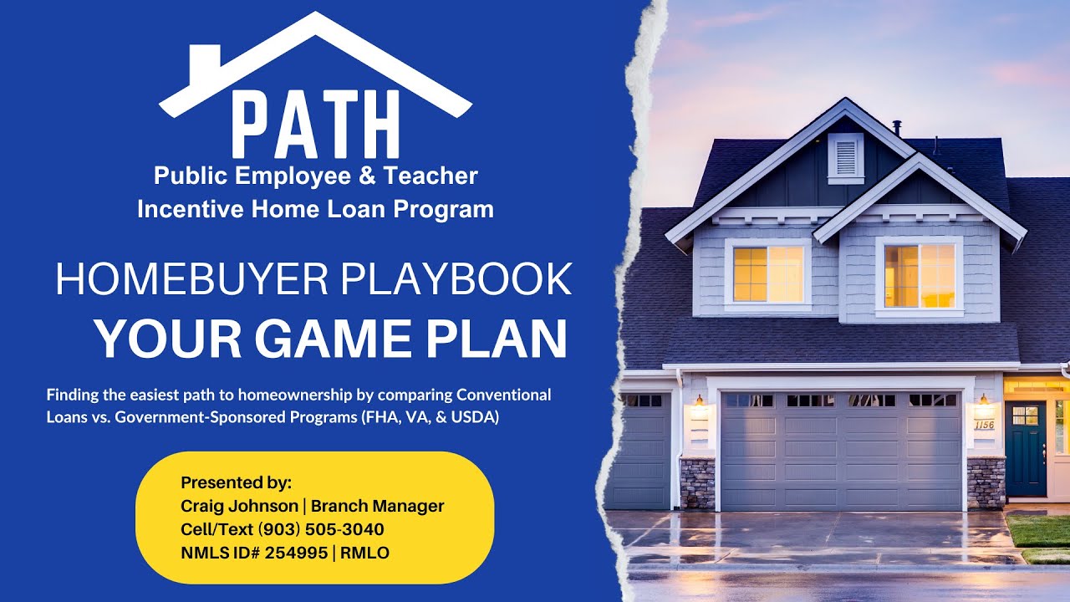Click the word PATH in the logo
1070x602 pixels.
click(315, 125)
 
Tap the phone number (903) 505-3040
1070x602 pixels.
click(321, 529)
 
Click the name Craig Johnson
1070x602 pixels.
click(239, 506)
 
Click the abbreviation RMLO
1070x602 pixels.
click(364, 553)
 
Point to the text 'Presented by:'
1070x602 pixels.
click(237, 482)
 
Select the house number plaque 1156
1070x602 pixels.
click(985, 425)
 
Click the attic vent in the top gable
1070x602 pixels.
click(845, 158)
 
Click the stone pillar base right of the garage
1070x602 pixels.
click(986, 482)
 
